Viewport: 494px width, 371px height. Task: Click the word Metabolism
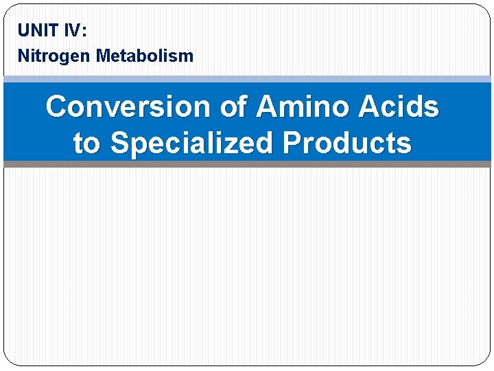tap(145, 56)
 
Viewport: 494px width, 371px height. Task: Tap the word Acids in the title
tap(399, 107)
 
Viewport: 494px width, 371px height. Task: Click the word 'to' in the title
tap(86, 144)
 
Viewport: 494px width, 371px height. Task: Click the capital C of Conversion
tap(57, 107)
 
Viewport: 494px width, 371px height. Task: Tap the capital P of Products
tap(292, 144)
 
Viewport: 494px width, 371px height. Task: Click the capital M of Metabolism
tap(103, 56)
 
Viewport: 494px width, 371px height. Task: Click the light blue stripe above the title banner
tap(247, 79)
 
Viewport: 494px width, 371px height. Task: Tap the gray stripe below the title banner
tap(247, 164)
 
